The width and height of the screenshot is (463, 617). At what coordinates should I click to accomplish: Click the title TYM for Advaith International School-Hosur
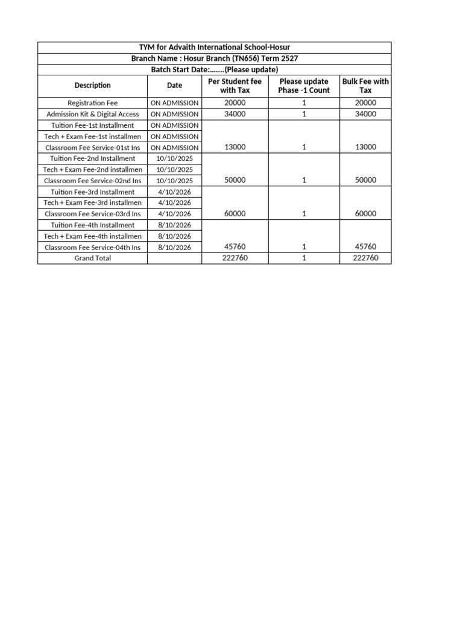(x=214, y=48)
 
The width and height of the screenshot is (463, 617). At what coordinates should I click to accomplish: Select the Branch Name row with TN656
(x=214, y=58)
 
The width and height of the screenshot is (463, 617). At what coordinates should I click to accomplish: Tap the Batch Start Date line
(x=214, y=69)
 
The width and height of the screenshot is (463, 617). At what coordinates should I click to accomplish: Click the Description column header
(x=92, y=86)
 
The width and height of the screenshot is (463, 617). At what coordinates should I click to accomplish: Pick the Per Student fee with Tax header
(x=235, y=86)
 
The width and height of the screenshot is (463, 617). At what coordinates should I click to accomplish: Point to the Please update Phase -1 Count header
(x=304, y=86)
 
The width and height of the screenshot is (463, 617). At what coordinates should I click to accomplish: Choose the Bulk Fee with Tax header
(x=365, y=86)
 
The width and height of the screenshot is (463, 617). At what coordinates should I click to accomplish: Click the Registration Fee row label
(x=92, y=103)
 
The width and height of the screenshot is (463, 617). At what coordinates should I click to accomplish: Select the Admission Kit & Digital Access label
(x=92, y=114)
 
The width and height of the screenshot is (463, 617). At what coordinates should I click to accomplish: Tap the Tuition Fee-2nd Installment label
(x=92, y=158)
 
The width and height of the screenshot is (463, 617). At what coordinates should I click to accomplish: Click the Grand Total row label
(x=92, y=258)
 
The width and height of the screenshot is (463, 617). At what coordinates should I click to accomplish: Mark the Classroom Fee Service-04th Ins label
(x=92, y=247)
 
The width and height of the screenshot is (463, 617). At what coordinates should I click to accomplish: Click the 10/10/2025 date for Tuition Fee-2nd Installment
(x=174, y=158)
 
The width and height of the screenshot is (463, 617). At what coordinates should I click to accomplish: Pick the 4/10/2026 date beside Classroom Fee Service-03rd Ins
(x=174, y=214)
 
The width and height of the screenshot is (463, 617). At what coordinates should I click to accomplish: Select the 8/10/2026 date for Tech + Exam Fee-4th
(x=174, y=236)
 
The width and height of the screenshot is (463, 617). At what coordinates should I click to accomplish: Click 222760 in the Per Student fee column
(x=235, y=258)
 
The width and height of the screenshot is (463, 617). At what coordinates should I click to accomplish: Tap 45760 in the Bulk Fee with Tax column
(x=365, y=246)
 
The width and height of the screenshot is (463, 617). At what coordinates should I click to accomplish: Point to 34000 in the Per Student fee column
(x=235, y=114)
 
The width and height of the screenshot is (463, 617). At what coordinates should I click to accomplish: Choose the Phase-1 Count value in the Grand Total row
(x=304, y=258)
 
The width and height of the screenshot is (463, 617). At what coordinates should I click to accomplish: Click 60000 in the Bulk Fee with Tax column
(x=365, y=213)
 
